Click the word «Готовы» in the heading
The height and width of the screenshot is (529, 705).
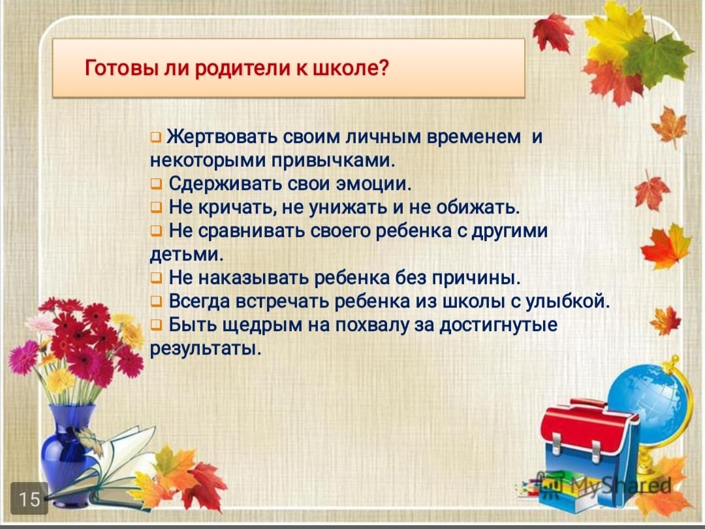(114, 67)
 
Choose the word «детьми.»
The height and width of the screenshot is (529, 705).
(187, 254)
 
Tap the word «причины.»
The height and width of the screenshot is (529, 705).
(476, 278)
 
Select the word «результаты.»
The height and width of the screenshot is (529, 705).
(206, 349)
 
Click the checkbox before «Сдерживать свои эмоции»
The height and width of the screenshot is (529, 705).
(156, 184)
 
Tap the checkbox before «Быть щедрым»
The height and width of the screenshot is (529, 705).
(156, 325)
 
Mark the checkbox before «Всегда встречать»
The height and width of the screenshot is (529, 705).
(156, 301)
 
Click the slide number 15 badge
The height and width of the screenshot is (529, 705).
(29, 498)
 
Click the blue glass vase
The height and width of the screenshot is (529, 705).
(67, 450)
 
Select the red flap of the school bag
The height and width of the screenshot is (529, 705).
(588, 427)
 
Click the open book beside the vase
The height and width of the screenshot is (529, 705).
(112, 468)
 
